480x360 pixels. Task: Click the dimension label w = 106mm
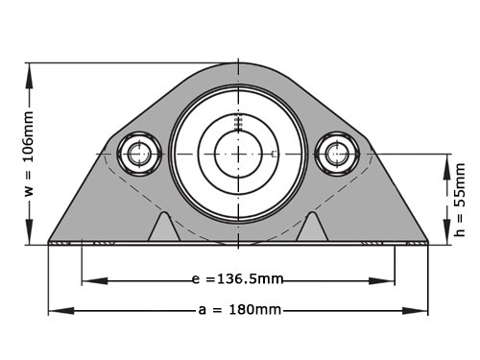coord(29,154)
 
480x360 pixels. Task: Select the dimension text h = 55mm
coord(460,200)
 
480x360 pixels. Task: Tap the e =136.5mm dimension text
coord(237,279)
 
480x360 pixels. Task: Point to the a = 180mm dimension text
coord(240,310)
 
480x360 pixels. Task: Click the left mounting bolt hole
coord(139,154)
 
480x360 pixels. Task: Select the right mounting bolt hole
coord(337,154)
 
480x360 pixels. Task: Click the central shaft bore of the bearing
coord(238,154)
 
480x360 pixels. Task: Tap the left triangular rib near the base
coord(164,227)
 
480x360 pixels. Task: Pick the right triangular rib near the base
coord(312,227)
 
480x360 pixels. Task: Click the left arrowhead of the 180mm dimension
coord(60,310)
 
